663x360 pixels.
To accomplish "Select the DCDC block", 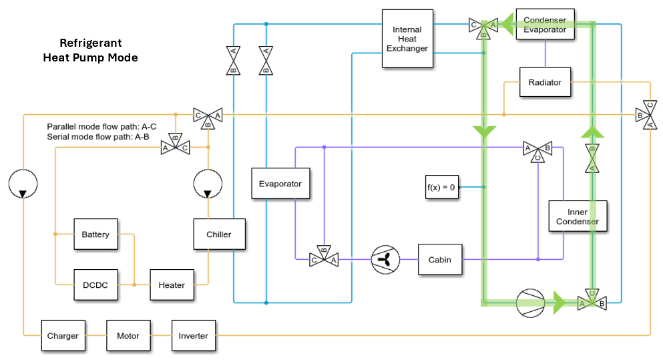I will pos(95,285).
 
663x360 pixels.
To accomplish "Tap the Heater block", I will pos(172,285).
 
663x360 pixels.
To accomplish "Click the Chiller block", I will pos(218,234).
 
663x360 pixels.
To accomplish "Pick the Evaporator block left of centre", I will pos(280,184).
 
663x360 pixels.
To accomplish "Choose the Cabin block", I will pos(440,259).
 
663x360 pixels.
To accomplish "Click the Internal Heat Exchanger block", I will pos(407,39).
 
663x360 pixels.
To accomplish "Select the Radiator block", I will pos(545,82).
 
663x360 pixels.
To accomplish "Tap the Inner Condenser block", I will pos(578,216).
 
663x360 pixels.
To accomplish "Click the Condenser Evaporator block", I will pos(544,25).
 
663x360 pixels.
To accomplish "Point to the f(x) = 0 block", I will pos(441,187).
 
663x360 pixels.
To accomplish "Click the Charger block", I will pos(63,336).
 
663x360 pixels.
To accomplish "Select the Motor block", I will pos(128,336).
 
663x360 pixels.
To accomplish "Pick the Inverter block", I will pos(193,336).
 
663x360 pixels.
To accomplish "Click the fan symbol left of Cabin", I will pos(385,259).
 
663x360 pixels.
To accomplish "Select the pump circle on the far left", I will pos(23,184).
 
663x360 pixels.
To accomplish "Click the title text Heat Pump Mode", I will pos(90,57).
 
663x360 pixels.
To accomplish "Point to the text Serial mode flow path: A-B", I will pos(98,136).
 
